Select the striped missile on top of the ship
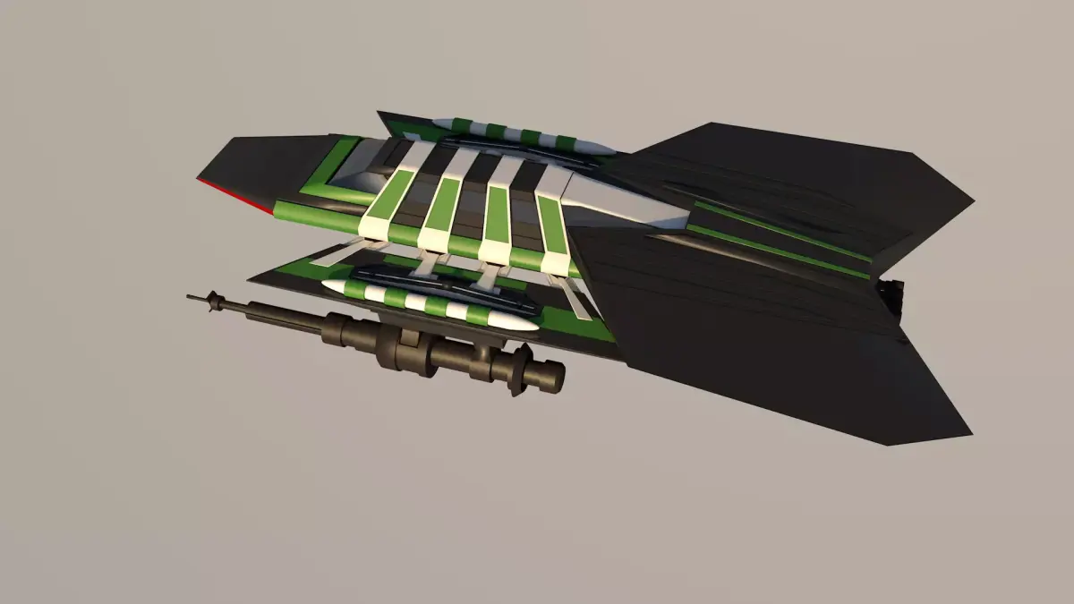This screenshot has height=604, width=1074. (x=519, y=134)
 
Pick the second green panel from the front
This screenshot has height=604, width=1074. (x=443, y=203)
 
